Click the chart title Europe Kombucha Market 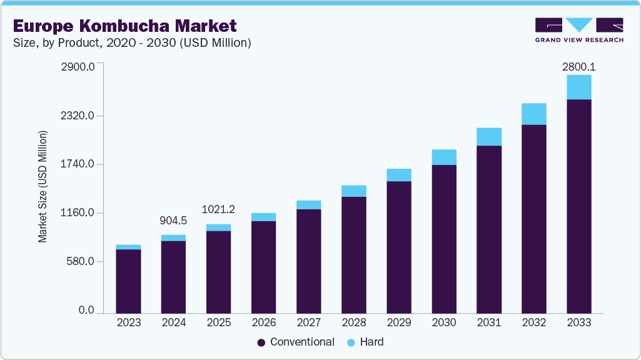click(x=125, y=26)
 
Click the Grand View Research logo click(x=579, y=29)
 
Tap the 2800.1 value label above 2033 click(x=578, y=65)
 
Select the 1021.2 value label click(x=218, y=209)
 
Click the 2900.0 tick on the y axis click(x=78, y=67)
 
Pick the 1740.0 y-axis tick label click(x=78, y=164)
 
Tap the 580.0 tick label click(x=81, y=262)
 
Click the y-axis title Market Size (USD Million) click(x=43, y=187)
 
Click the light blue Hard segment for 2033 click(x=578, y=87)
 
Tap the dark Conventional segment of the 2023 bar click(x=128, y=281)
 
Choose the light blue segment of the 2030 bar click(x=443, y=157)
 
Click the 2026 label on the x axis click(x=263, y=322)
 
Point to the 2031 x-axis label click(x=488, y=322)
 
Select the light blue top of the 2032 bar click(x=533, y=114)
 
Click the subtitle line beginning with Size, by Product click(x=132, y=43)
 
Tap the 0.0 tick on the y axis click(x=86, y=311)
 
